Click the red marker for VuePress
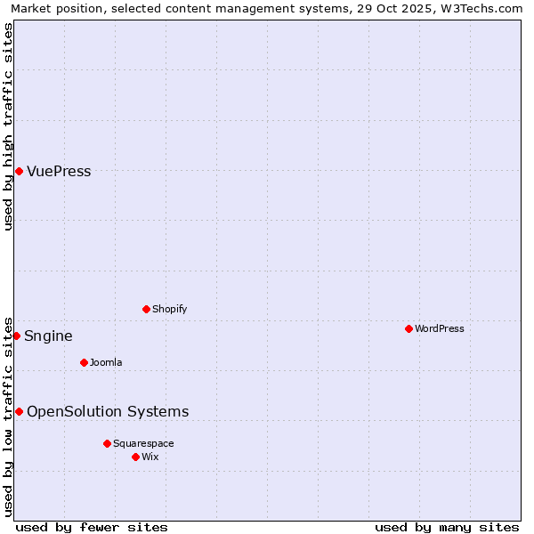[19, 171]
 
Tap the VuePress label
[59, 172]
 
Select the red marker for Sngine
[16, 336]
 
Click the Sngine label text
[48, 336]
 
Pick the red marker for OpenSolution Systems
[19, 411]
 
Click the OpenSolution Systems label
[108, 411]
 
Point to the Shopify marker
[146, 309]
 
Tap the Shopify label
[169, 309]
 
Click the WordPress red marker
[409, 328]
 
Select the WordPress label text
[439, 328]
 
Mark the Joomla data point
[84, 362]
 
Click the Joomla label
[106, 362]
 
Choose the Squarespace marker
[107, 443]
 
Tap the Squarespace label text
[143, 443]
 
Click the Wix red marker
[135, 457]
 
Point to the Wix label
[150, 457]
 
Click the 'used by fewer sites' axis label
[92, 527]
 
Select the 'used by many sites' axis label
[447, 527]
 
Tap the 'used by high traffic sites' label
[8, 126]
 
